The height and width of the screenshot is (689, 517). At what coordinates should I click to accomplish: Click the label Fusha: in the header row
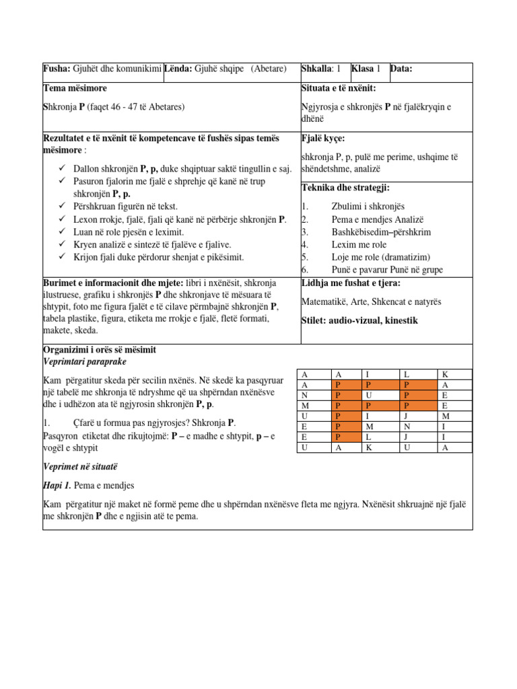tap(56, 69)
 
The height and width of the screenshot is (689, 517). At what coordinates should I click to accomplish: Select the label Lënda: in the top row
tap(178, 69)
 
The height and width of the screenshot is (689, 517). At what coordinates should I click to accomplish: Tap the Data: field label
tap(401, 69)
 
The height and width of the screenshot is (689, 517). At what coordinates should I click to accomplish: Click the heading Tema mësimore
tap(75, 88)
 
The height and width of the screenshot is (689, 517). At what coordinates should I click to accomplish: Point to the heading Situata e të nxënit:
tap(338, 88)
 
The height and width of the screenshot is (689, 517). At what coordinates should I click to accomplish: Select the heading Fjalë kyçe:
tap(323, 138)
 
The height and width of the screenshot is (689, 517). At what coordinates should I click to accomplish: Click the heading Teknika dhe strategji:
tap(345, 188)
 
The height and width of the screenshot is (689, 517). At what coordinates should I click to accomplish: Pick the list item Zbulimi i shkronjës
tap(368, 207)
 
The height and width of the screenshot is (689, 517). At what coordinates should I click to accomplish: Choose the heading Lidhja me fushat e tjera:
tap(350, 283)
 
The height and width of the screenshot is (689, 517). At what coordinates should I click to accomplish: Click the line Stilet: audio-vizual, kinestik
tap(359, 321)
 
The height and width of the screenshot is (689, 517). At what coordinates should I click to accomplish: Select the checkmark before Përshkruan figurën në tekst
tap(63, 207)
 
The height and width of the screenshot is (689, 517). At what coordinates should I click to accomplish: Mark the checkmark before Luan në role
tap(63, 231)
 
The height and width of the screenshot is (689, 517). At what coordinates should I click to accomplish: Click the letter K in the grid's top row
tap(444, 374)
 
